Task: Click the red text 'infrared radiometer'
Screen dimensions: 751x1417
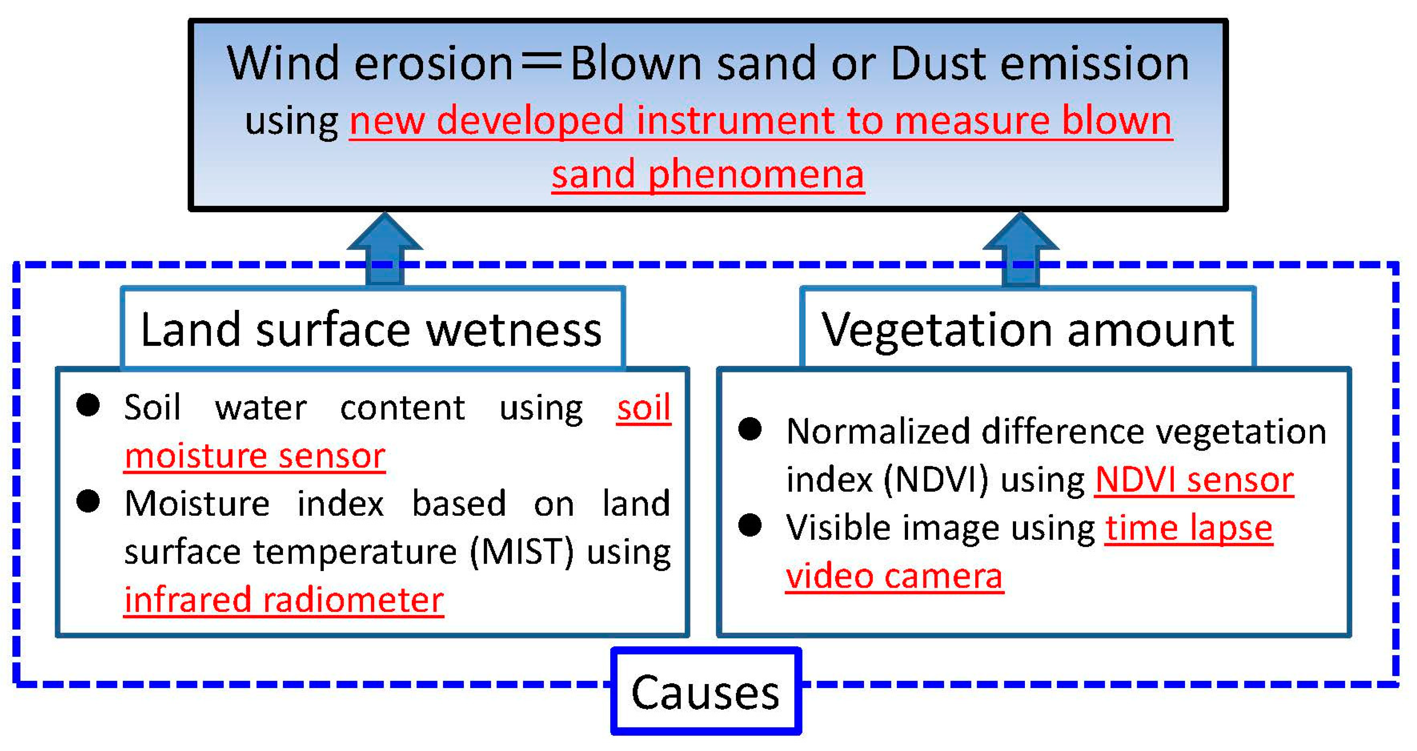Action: [x=284, y=599]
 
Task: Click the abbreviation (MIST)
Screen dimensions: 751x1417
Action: [x=522, y=551]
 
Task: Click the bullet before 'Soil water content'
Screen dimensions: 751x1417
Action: [x=88, y=406]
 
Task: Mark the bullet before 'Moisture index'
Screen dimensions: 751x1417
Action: [x=88, y=501]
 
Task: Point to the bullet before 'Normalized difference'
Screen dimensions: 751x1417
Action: [x=750, y=429]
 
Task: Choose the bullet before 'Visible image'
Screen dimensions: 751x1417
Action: [x=750, y=525]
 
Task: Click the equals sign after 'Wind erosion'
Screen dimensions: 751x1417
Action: [x=541, y=63]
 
